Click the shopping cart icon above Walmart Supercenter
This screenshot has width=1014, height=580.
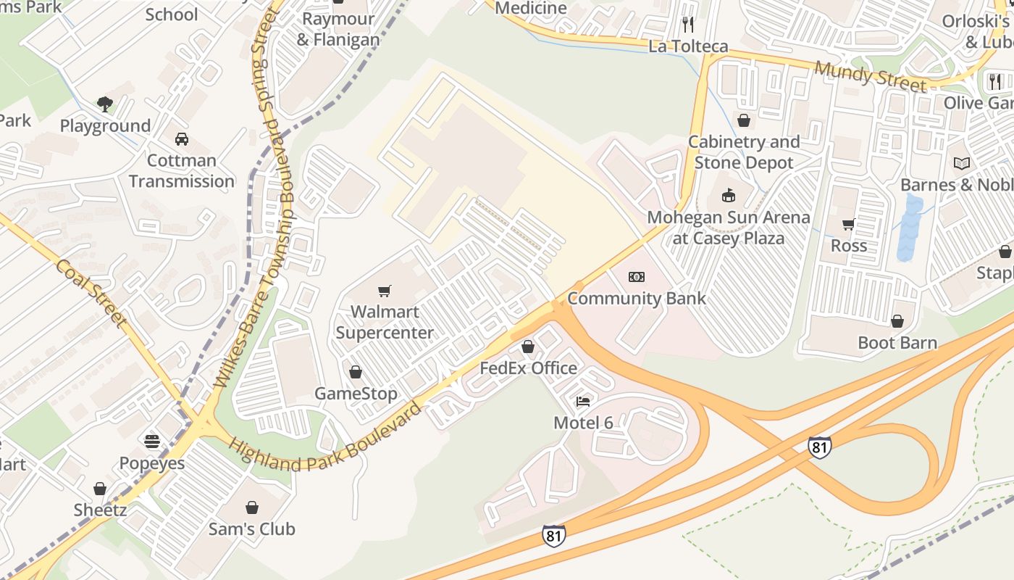tap(385, 291)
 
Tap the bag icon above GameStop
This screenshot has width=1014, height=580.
tap(355, 372)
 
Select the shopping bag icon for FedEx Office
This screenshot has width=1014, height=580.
tap(528, 347)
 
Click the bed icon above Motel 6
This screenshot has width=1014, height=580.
tap(583, 401)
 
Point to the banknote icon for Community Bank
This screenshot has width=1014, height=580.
tap(637, 276)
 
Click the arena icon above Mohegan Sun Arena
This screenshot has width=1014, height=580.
tap(728, 195)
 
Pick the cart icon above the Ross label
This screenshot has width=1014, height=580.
tap(848, 224)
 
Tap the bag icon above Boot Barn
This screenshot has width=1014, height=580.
tap(897, 320)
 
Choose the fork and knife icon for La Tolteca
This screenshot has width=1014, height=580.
tap(688, 25)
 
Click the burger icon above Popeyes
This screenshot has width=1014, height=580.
tap(152, 442)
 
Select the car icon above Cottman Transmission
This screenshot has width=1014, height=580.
tap(182, 138)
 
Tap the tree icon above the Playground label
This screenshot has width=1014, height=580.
tap(105, 104)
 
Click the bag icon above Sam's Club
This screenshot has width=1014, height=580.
tap(252, 507)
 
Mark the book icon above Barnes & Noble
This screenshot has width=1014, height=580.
tap(962, 163)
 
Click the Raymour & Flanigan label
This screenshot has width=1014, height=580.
tap(338, 29)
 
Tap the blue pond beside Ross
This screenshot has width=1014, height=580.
tap(910, 228)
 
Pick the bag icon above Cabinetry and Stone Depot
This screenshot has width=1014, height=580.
tap(744, 120)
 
